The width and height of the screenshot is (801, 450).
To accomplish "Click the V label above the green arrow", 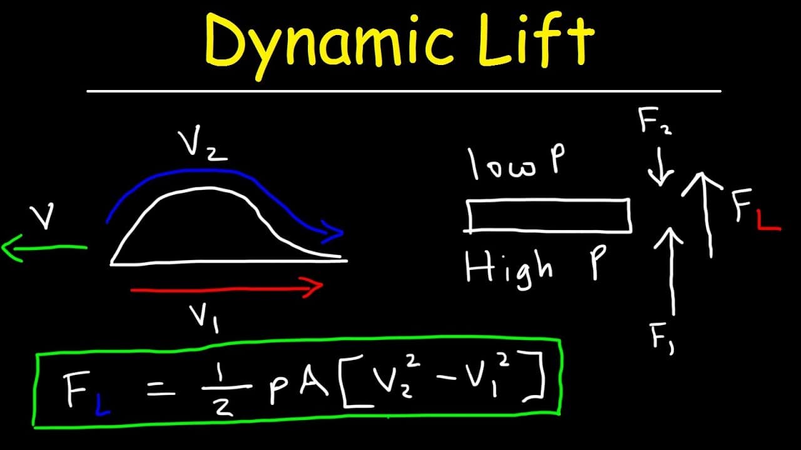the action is [42, 216].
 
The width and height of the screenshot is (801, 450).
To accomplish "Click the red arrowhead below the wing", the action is [312, 287].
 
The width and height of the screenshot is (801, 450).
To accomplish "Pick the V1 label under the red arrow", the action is [204, 319].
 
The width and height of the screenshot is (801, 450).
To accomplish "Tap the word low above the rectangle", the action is [502, 164].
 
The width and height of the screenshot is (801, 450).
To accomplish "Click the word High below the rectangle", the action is [509, 269].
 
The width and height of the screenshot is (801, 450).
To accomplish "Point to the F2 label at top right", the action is [655, 121].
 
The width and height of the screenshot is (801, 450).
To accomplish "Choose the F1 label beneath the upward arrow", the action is [662, 338].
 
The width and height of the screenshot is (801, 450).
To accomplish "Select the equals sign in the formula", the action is [161, 388].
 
